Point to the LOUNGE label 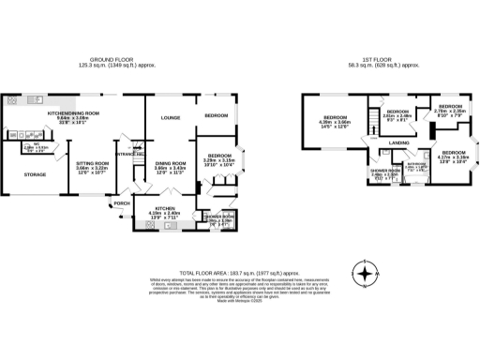tap(170, 117)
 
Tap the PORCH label tap(122, 202)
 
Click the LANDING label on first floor tap(398, 142)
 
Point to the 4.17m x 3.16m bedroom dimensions tap(455, 157)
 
